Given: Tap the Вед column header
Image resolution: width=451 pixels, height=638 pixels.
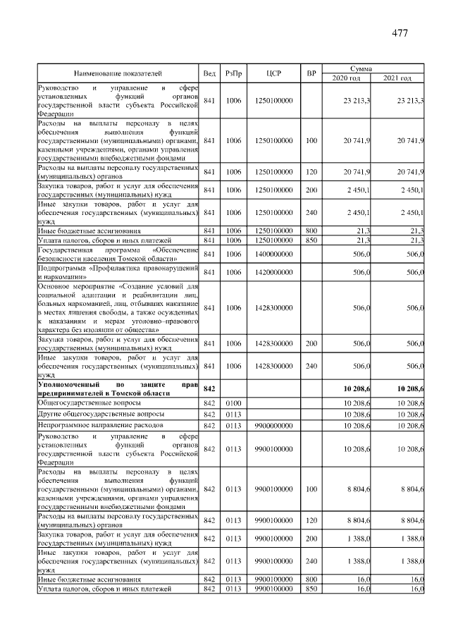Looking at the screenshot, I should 209,73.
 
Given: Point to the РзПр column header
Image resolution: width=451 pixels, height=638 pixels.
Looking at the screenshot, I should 233,73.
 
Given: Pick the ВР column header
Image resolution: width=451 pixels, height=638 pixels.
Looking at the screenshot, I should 311,73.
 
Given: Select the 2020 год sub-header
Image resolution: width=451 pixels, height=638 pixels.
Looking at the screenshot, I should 347,78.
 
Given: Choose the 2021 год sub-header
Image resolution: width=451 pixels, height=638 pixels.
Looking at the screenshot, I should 398,78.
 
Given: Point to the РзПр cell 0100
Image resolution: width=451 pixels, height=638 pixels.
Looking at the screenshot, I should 233,402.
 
